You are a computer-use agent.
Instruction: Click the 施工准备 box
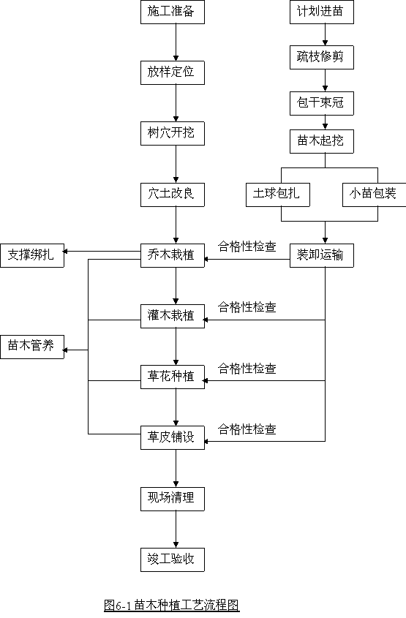click(x=173, y=12)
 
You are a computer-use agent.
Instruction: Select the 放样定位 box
click(x=173, y=72)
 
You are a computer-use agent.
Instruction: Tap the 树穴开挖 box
click(x=173, y=133)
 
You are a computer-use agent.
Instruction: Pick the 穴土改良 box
click(x=173, y=195)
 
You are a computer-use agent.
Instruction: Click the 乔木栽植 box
click(x=173, y=255)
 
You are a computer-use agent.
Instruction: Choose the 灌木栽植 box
click(x=173, y=316)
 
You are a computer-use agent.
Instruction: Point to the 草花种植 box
click(x=173, y=377)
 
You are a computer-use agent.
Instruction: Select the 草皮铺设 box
click(x=173, y=437)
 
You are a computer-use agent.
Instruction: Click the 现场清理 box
click(x=173, y=499)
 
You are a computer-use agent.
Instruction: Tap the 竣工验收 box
click(x=173, y=559)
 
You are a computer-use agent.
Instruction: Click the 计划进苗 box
click(x=322, y=12)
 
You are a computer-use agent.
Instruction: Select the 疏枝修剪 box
click(x=322, y=58)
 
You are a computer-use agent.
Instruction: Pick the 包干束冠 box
click(x=322, y=103)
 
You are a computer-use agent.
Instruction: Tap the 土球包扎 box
click(x=278, y=195)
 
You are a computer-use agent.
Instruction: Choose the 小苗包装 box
click(x=374, y=195)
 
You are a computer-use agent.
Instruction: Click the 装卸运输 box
click(x=322, y=255)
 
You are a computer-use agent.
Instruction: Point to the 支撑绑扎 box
click(x=32, y=255)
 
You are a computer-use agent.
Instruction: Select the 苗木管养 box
click(x=32, y=347)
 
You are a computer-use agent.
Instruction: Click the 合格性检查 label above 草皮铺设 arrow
click(x=247, y=429)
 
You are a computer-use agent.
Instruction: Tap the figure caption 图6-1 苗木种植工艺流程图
click(x=172, y=605)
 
